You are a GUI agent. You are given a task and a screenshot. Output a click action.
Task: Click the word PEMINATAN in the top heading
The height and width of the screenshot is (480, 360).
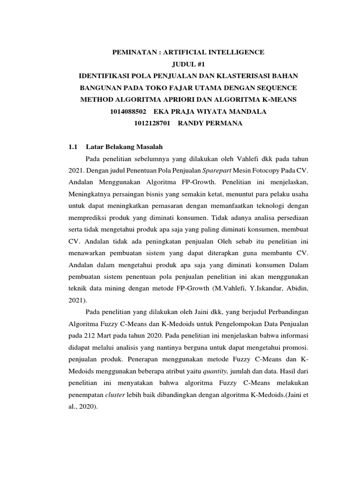[x=134, y=52]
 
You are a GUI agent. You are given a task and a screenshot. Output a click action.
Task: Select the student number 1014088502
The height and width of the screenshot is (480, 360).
[x=127, y=112]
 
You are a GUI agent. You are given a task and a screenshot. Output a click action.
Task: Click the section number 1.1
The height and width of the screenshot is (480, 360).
[x=73, y=147]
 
